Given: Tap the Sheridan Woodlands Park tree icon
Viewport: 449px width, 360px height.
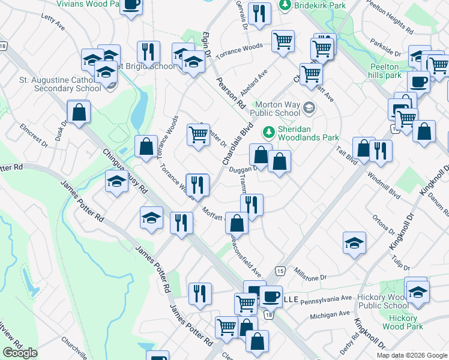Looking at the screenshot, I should tap(269, 131).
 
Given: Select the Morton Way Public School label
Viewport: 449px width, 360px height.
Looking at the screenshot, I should tap(279, 109).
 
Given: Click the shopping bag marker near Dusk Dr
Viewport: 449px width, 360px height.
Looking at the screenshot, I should tap(79, 111).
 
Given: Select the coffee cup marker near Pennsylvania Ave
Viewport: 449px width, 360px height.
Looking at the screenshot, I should tap(271, 295).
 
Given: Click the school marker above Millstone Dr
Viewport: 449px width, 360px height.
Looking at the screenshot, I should tap(354, 243).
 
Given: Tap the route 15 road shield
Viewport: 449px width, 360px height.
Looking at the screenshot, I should tap(280, 272).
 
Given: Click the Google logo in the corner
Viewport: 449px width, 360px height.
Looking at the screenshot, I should tap(20, 353).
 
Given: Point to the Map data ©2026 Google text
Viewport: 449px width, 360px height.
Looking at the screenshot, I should tap(411, 355).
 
